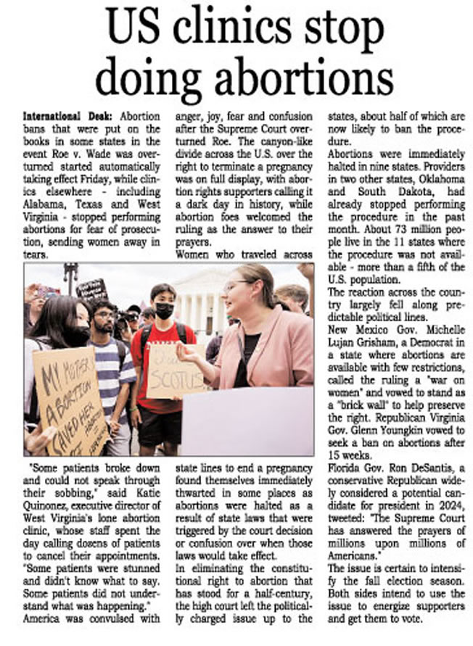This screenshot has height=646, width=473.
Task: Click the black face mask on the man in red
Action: [x=165, y=310]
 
